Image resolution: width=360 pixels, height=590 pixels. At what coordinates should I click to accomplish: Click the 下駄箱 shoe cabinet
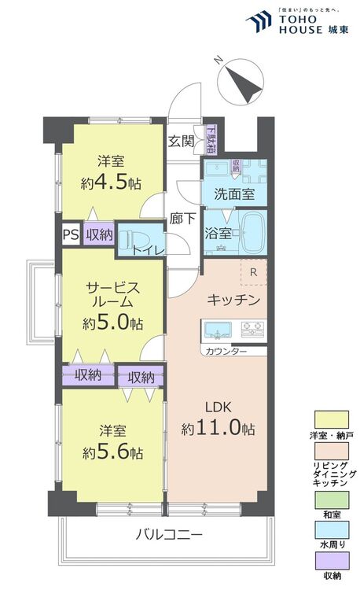coord(210,140)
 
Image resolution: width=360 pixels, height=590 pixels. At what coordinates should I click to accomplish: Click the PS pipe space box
coord(70,234)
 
